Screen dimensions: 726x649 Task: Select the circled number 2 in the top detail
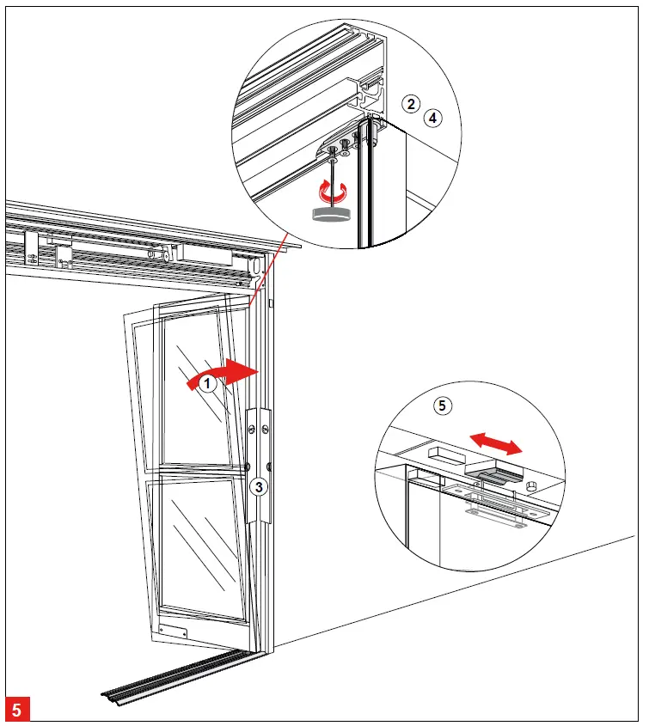(412, 104)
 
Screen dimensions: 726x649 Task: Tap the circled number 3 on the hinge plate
(259, 488)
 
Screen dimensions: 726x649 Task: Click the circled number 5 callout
(442, 406)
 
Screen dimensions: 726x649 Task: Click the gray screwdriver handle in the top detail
(331, 214)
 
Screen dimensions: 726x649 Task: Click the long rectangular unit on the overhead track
(113, 248)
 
